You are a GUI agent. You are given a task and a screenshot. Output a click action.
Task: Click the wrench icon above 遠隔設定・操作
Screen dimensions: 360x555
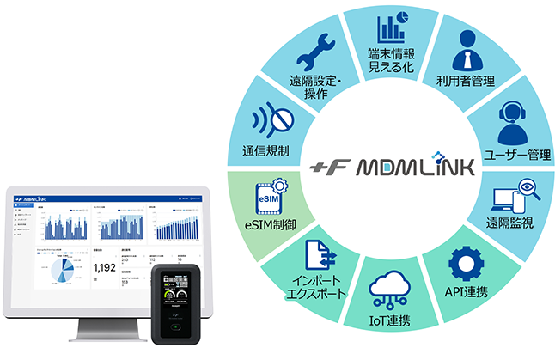310,59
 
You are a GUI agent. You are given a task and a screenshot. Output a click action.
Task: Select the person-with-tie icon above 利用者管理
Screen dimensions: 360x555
461,51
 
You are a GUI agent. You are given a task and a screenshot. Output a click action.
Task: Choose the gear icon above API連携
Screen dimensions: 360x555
467,264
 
